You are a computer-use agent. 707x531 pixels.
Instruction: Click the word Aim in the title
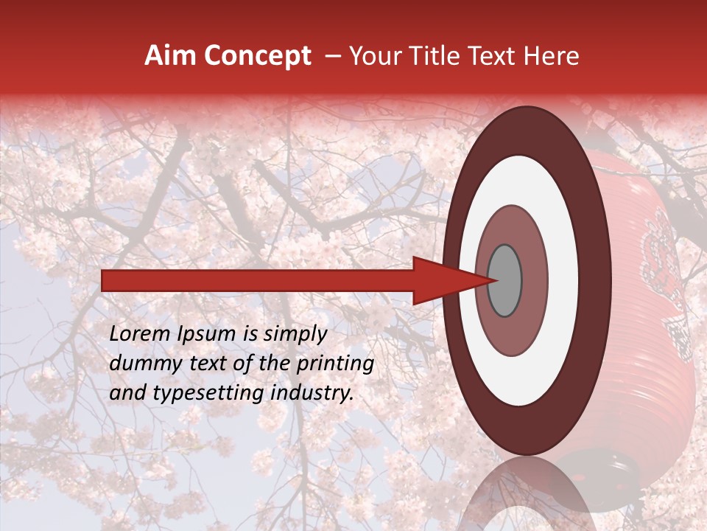click(x=172, y=56)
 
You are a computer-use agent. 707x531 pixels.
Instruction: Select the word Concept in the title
click(x=258, y=56)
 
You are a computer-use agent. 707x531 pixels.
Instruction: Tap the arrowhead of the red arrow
click(x=449, y=281)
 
